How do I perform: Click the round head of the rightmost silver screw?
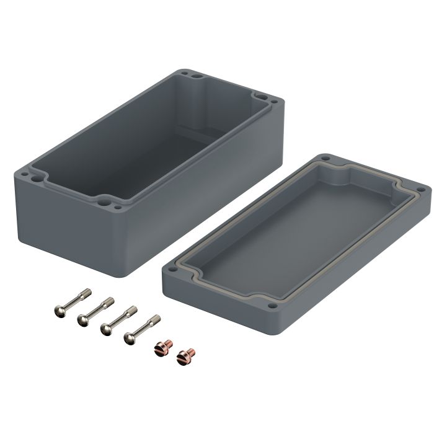point(130,338)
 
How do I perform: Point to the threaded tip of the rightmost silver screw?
point(156,321)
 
